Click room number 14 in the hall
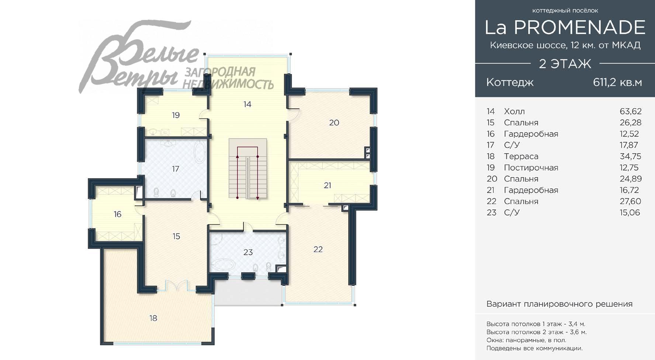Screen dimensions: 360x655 [247, 104]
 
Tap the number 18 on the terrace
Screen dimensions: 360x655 [153, 318]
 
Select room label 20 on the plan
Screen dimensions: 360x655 [334, 123]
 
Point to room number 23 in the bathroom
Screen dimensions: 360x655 [248, 252]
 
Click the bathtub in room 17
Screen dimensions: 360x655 [201, 151]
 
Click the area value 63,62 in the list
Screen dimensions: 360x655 [630, 111]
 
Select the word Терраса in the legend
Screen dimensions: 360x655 [521, 156]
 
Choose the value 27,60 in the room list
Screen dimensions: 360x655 [630, 201]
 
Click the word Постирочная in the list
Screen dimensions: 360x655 [531, 168]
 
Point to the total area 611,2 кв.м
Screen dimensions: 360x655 [617, 82]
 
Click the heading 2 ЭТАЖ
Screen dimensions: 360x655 [565, 64]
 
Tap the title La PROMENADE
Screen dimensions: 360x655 [565, 27]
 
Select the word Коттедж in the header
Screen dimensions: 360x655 [510, 82]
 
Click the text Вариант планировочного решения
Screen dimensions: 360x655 [559, 304]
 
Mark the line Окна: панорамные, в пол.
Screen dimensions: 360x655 [526, 340]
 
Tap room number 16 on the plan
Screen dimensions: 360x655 [117, 214]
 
